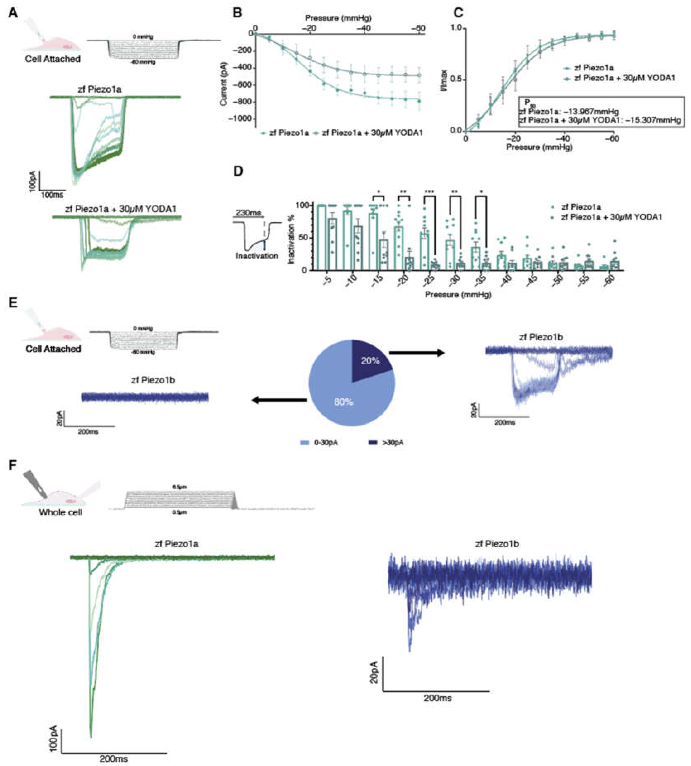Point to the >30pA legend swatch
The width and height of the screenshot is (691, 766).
374,442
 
